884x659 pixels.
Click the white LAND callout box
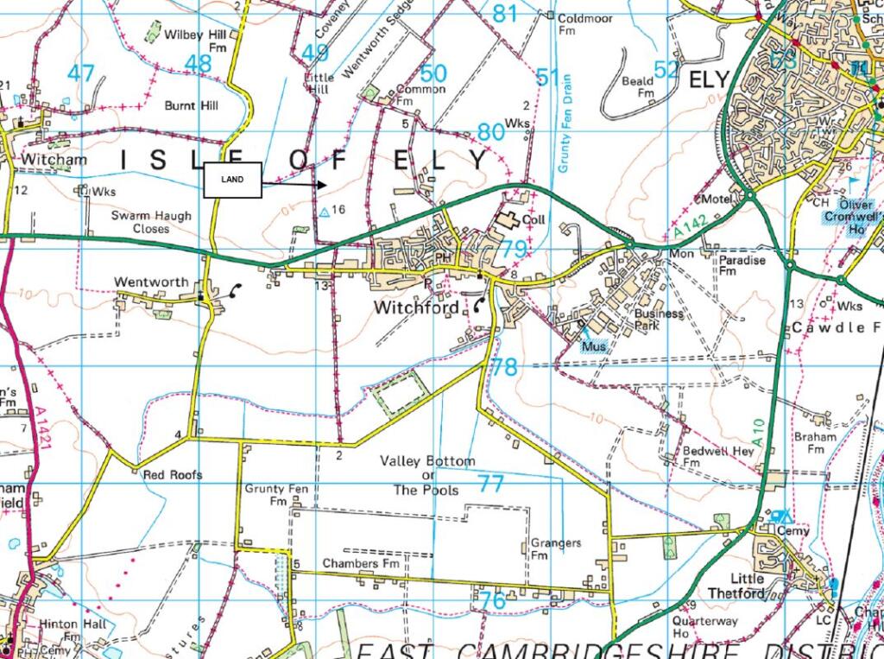232,180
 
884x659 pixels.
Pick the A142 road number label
691,226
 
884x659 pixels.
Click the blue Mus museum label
593,346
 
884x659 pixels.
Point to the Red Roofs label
173,475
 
